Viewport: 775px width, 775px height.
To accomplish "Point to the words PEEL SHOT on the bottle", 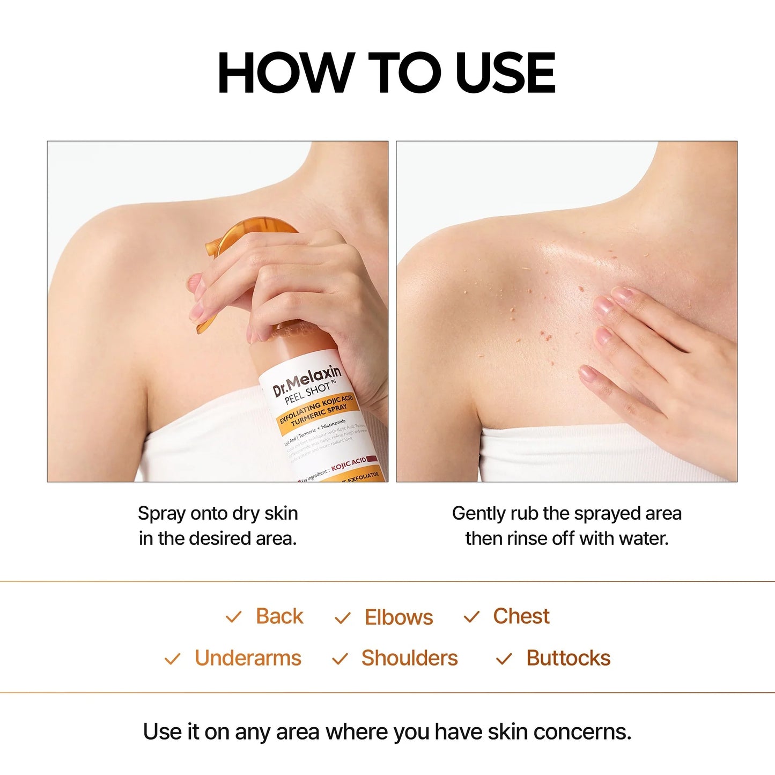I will tap(307, 393).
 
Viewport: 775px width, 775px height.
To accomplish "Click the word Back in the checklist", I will tap(279, 616).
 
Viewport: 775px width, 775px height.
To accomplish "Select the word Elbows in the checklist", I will tap(398, 617).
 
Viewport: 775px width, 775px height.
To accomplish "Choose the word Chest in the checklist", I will tap(521, 616).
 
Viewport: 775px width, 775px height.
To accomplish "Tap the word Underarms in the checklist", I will tap(248, 658).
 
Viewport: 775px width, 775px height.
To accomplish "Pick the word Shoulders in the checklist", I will tap(409, 658).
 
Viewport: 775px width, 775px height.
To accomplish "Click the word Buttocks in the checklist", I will tap(568, 658).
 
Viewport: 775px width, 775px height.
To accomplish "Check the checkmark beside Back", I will tap(234, 617).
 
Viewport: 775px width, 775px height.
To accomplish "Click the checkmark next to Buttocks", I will tap(504, 659).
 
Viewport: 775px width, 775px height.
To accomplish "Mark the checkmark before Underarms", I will tap(172, 659).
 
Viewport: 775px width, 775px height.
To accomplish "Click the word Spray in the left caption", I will tap(161, 514).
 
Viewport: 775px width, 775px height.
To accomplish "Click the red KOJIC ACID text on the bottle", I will tap(349, 464).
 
